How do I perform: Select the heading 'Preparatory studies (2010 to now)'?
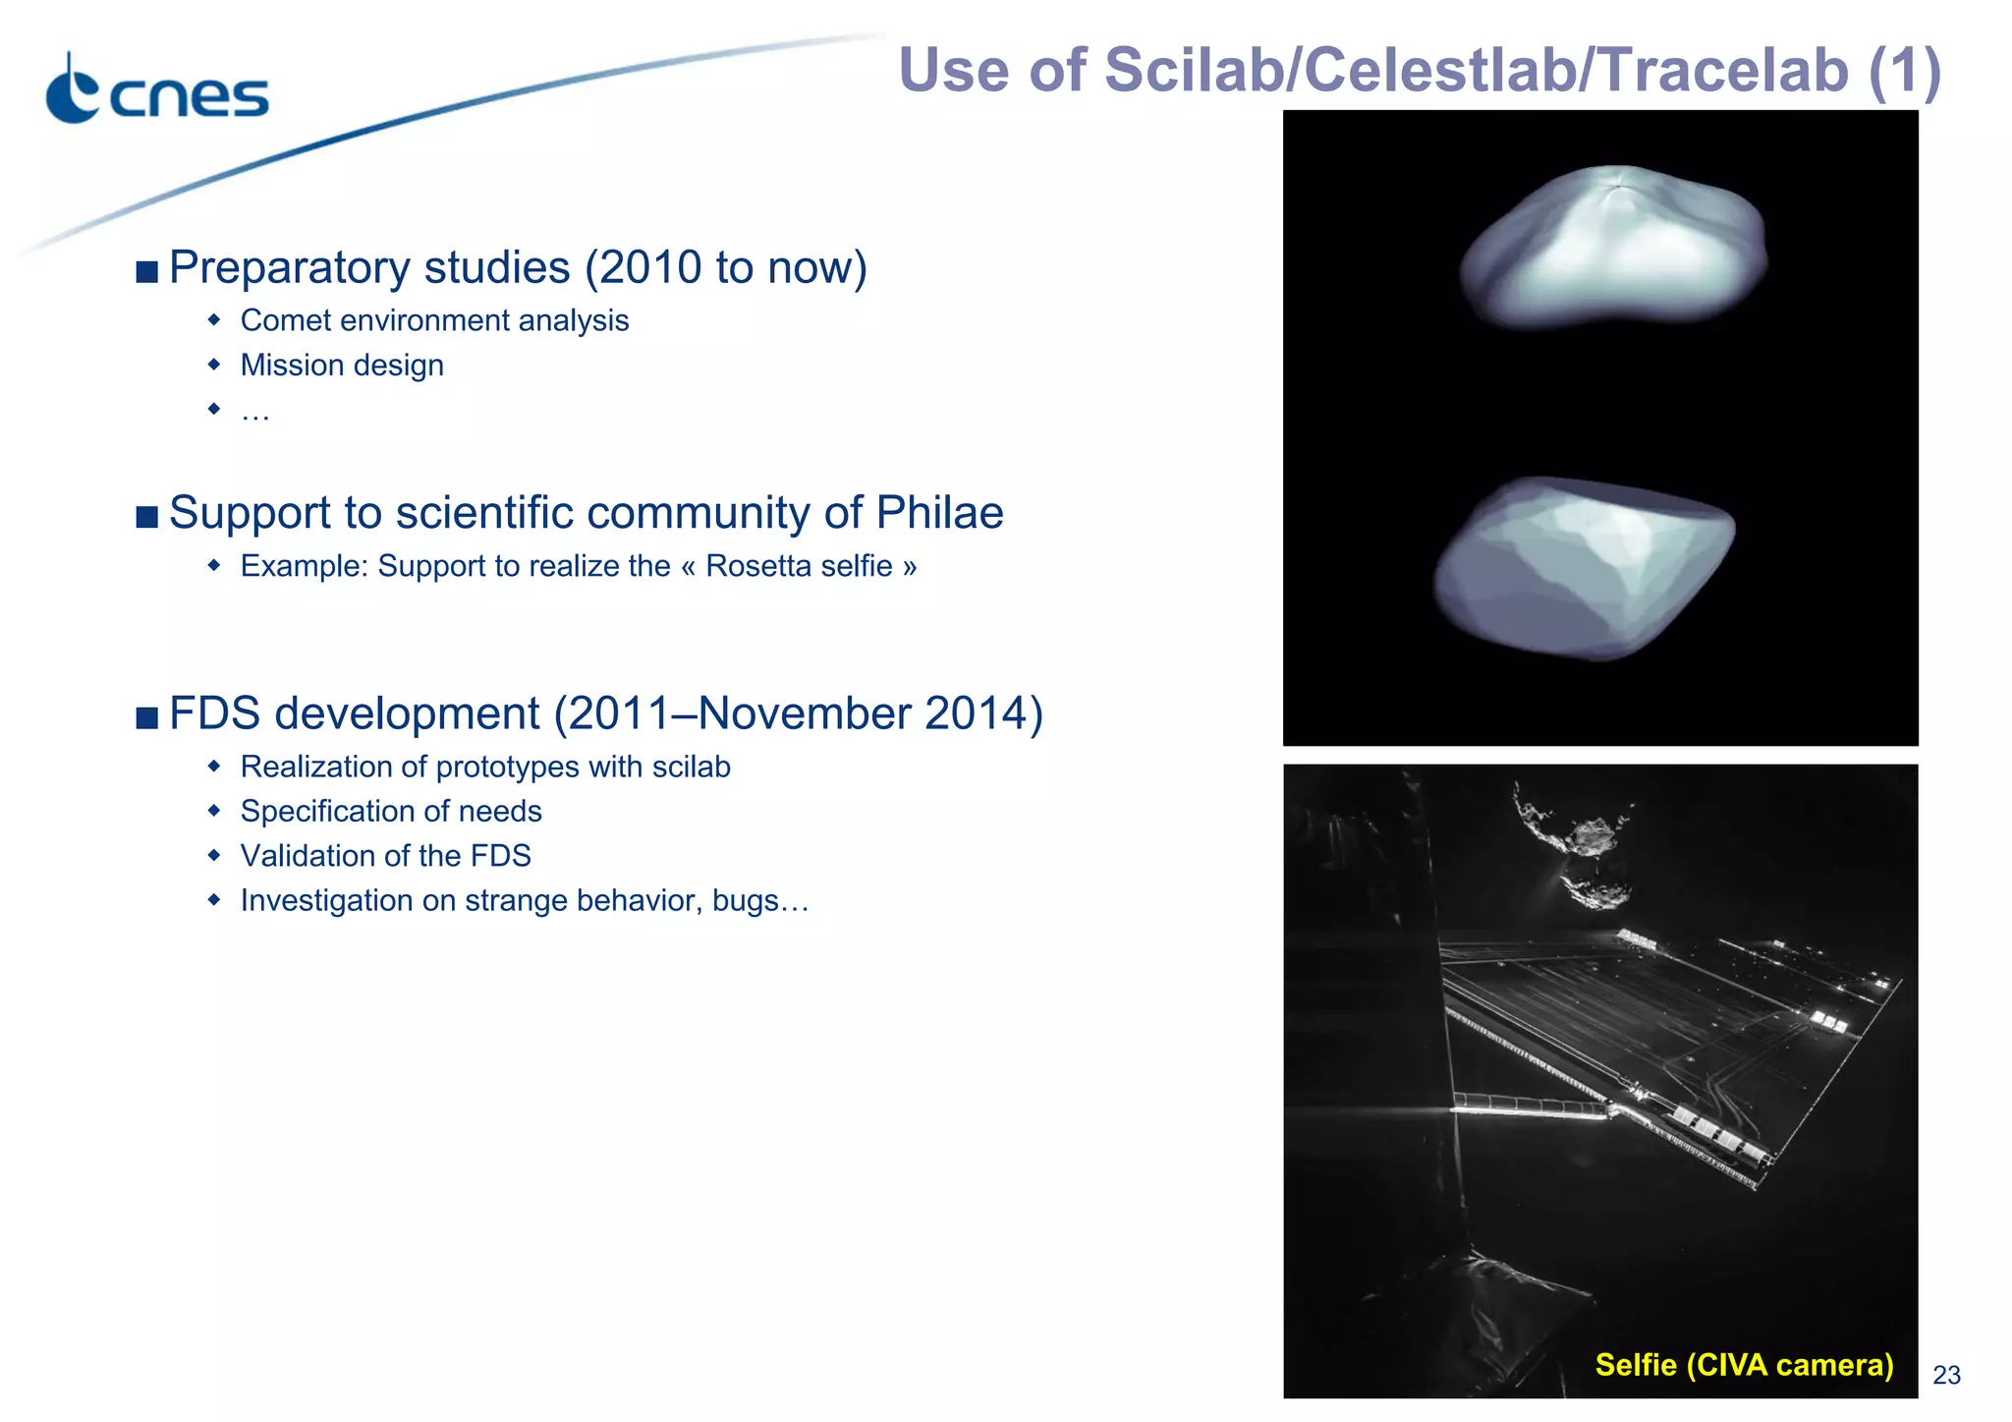tap(518, 267)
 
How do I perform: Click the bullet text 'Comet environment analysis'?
tap(434, 320)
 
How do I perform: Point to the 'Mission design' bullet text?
tap(342, 366)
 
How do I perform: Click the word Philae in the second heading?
tap(939, 513)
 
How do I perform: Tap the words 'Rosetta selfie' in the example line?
tap(799, 566)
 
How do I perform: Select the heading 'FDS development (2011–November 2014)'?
tap(605, 713)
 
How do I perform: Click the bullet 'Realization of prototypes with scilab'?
tap(485, 767)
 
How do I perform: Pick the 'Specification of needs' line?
tap(391, 812)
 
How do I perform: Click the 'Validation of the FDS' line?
tap(385, 856)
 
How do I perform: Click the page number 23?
tap(1945, 1375)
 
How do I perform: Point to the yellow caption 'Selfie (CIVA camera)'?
tap(1744, 1365)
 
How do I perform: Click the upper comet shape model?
tap(1613, 246)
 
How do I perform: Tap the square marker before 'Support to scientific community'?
tap(147, 517)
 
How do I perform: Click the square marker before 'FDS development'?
tap(147, 718)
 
